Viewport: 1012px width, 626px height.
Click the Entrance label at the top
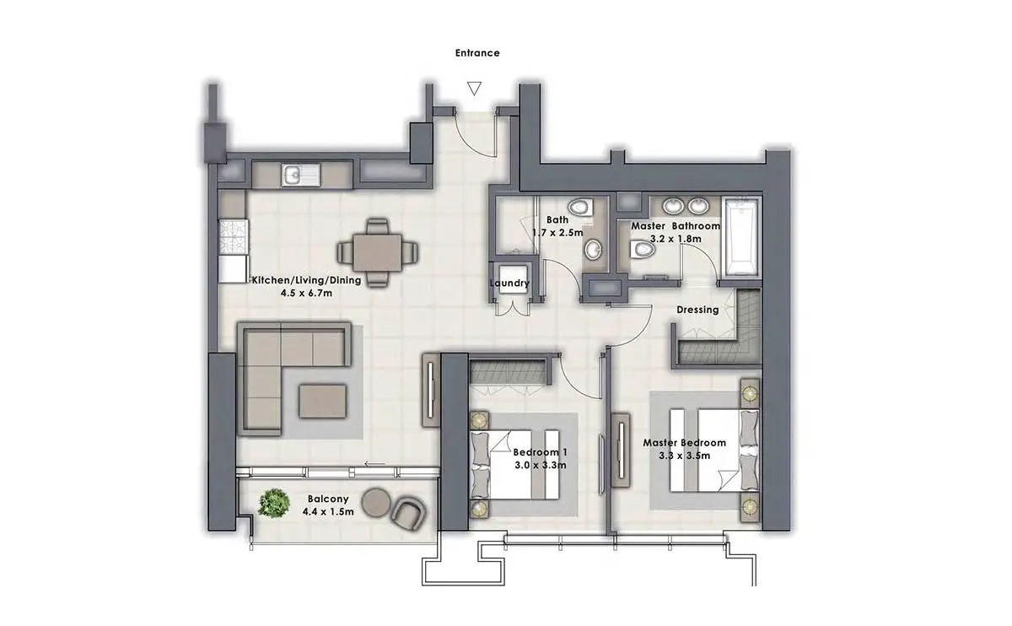click(x=477, y=53)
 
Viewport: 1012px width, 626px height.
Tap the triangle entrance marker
click(x=474, y=89)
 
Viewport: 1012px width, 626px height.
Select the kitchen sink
click(x=300, y=175)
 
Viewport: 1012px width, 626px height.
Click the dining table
click(x=377, y=252)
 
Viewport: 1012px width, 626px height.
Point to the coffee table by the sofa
click(x=322, y=401)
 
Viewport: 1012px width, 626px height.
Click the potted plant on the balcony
click(x=274, y=503)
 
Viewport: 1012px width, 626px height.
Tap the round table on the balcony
click(x=376, y=502)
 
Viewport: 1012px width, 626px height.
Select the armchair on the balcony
click(x=408, y=514)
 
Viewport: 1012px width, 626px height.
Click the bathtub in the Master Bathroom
click(x=741, y=237)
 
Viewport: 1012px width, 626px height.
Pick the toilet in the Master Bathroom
click(x=642, y=249)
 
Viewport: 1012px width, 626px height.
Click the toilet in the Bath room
click(x=580, y=208)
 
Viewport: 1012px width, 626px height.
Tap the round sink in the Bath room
click(x=593, y=250)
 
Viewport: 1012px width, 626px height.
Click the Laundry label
click(x=509, y=283)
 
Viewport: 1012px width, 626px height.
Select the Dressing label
click(x=697, y=310)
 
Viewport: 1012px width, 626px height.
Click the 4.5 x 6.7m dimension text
click(x=306, y=294)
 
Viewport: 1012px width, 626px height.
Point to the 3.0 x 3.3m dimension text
click(x=541, y=465)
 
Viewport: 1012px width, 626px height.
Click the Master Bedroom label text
click(x=685, y=443)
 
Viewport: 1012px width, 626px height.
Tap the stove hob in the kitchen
click(x=234, y=236)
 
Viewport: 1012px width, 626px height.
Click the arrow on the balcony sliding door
click(x=375, y=464)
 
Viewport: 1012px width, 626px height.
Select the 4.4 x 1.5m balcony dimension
click(x=328, y=512)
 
